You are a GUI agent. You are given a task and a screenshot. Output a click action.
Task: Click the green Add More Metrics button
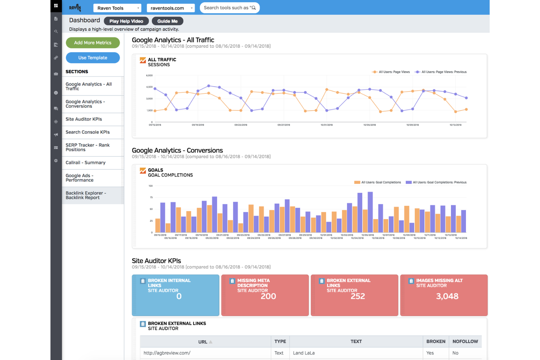(93, 43)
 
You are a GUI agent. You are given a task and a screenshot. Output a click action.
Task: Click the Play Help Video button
(126, 21)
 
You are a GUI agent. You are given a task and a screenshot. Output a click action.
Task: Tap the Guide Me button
(167, 21)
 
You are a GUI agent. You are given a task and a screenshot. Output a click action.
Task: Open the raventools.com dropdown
(170, 8)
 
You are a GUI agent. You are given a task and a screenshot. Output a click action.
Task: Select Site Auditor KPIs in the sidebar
(84, 119)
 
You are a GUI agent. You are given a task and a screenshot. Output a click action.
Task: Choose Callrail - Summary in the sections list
(85, 163)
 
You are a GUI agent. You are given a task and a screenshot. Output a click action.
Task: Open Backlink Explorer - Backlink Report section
(86, 196)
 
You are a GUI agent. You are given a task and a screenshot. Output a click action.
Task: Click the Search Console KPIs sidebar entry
(88, 132)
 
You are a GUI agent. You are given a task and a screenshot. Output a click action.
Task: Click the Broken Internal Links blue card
(175, 295)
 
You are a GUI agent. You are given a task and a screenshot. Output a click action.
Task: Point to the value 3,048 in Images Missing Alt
(447, 297)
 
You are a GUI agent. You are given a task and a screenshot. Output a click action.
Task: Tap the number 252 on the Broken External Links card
(358, 297)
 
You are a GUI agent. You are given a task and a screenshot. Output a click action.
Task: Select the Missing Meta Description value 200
(268, 297)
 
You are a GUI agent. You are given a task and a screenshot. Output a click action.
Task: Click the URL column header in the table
(203, 342)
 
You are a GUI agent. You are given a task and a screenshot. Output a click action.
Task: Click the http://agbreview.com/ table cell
(167, 353)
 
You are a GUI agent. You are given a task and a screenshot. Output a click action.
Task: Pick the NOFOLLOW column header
(465, 341)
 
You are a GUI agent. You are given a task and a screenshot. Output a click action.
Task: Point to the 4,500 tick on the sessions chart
(149, 87)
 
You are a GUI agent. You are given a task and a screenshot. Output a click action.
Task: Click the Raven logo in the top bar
(75, 8)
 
